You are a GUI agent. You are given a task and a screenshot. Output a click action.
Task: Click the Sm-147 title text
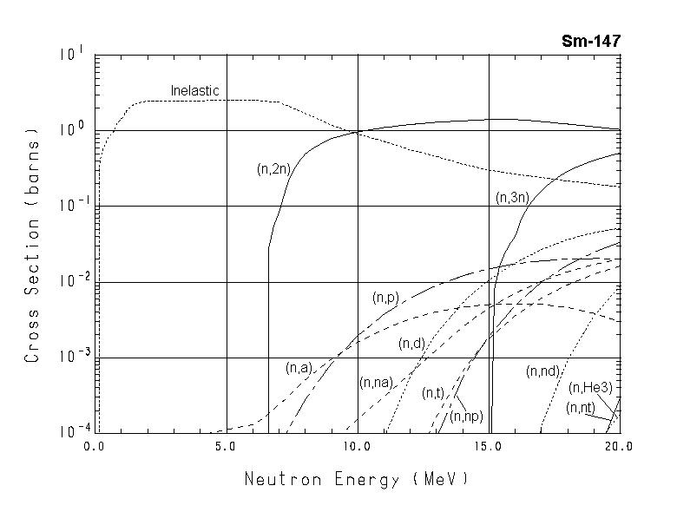[591, 41]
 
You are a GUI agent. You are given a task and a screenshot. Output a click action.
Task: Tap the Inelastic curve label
[194, 90]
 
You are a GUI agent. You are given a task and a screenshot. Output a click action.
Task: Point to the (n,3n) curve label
[512, 198]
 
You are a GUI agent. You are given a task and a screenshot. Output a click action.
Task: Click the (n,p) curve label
[385, 298]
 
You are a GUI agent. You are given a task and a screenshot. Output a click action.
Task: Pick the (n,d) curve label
[411, 344]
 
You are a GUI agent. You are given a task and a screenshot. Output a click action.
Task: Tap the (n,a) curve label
[298, 368]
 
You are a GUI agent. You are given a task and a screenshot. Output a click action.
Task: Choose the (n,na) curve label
[376, 383]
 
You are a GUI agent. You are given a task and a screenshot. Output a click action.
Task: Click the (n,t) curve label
[433, 394]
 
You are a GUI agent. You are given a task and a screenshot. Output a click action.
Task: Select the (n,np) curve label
[467, 417]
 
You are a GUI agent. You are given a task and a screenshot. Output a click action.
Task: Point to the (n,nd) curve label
[542, 371]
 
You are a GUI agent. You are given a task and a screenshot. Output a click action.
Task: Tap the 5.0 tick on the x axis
[226, 447]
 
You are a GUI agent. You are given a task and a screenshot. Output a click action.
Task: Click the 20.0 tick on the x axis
[619, 447]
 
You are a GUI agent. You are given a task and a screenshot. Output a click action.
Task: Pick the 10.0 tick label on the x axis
[357, 447]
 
